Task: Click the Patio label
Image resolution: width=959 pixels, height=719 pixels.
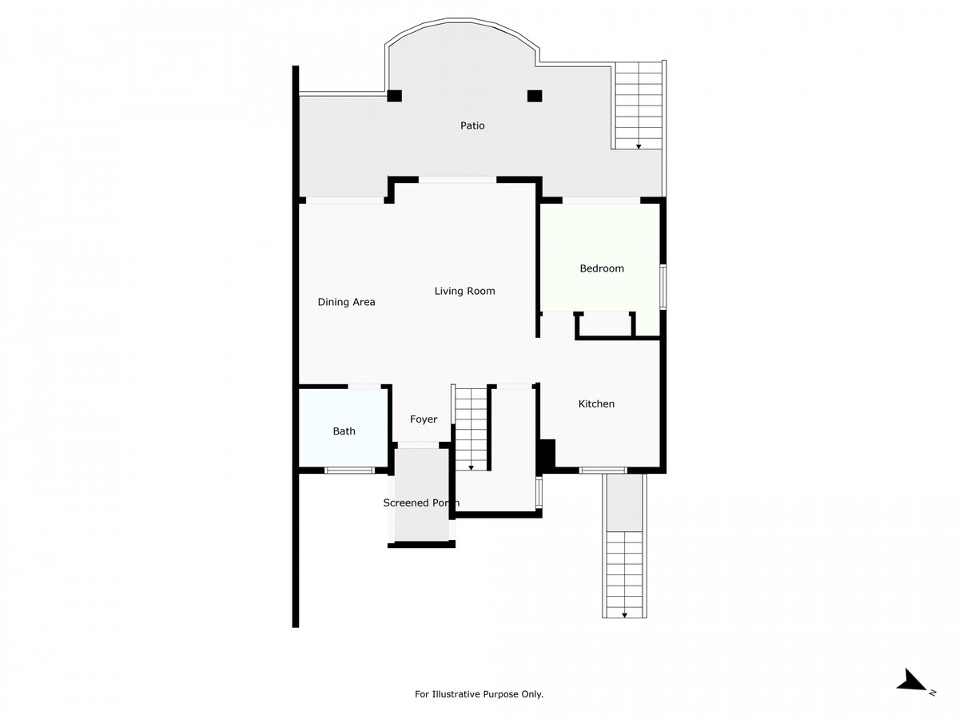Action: (472, 125)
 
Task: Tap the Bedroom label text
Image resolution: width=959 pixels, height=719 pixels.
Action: (601, 268)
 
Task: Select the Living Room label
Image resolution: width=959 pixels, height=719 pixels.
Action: (464, 291)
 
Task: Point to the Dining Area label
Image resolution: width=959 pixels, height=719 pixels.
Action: (346, 302)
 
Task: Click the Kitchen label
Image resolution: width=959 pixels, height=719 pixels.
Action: (596, 404)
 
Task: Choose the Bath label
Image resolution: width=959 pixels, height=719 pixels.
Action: (344, 431)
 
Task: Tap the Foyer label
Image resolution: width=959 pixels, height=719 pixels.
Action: (424, 419)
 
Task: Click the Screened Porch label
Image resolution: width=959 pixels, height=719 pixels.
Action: (420, 503)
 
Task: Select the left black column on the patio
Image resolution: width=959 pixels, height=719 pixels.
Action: (394, 96)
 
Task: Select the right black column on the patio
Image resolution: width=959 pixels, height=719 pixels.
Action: (535, 96)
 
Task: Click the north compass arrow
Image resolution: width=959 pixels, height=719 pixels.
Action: (913, 681)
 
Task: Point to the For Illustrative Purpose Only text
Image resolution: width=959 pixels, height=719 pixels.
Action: (479, 694)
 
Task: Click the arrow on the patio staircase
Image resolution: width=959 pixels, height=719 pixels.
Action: (639, 146)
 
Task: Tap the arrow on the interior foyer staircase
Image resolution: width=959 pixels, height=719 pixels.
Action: (471, 467)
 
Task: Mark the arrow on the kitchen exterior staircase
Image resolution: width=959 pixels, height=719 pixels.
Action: (625, 614)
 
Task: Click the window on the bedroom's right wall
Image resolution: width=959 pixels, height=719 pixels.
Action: (663, 285)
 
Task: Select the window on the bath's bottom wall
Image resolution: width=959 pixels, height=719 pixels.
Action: (349, 471)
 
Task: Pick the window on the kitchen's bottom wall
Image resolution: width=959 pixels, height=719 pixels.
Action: (603, 470)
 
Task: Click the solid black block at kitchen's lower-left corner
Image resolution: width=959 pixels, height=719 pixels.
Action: (547, 456)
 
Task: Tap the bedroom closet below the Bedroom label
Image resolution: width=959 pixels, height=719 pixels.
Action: (605, 326)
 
